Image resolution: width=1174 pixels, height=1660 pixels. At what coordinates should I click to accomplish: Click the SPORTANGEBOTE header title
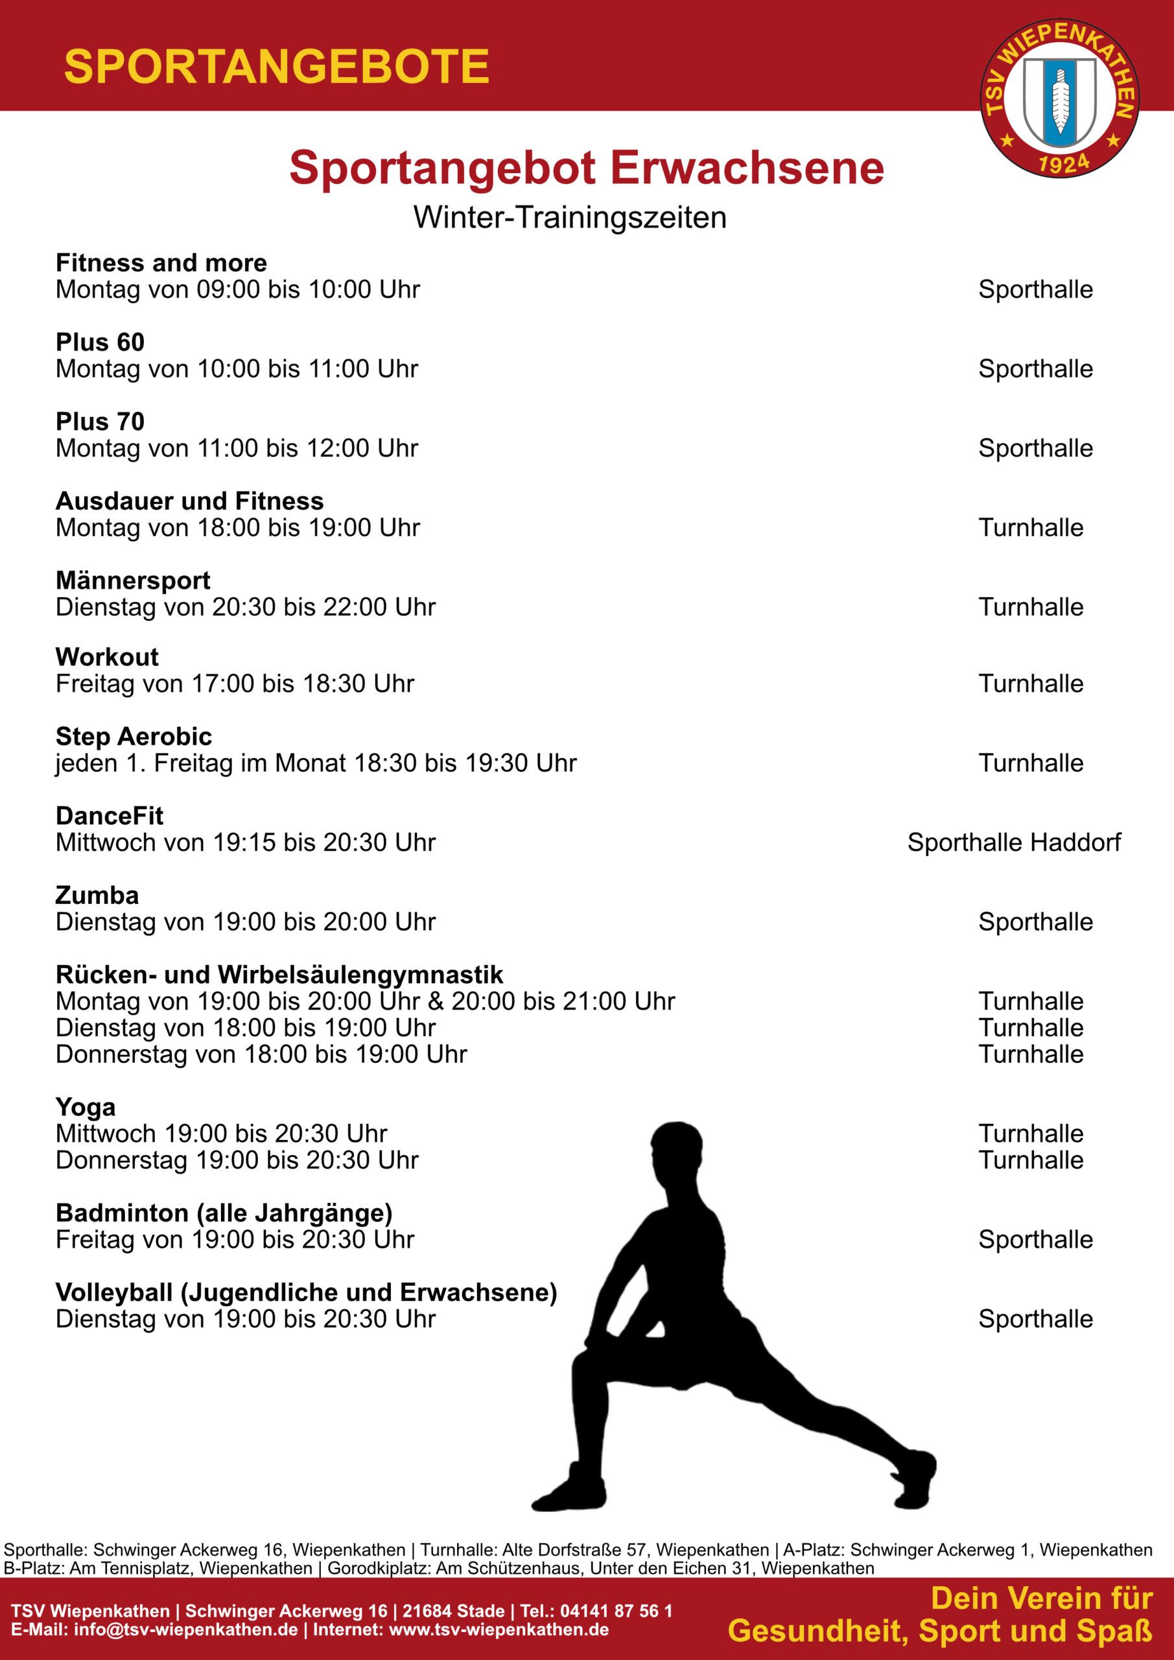277,67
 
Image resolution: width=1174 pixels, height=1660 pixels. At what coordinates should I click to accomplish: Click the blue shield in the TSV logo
1060,101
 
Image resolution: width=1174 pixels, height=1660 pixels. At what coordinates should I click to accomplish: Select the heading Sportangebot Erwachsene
586,169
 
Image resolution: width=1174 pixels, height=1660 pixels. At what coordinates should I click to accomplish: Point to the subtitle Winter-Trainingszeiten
570,218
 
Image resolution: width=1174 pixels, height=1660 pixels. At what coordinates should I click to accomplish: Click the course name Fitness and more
161,263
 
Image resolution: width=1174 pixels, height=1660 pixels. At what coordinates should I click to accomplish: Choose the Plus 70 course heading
100,421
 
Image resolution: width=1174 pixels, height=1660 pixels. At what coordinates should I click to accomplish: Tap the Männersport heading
133,580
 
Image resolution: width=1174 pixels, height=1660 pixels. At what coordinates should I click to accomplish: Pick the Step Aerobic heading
134,737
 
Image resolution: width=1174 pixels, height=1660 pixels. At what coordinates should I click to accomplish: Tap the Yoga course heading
86,1108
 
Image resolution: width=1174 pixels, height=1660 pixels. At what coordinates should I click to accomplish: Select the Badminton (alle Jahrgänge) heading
224,1213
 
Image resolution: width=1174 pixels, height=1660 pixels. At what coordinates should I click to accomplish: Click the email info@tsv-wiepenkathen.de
186,1630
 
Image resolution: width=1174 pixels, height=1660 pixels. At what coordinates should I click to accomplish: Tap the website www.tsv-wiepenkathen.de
499,1630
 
